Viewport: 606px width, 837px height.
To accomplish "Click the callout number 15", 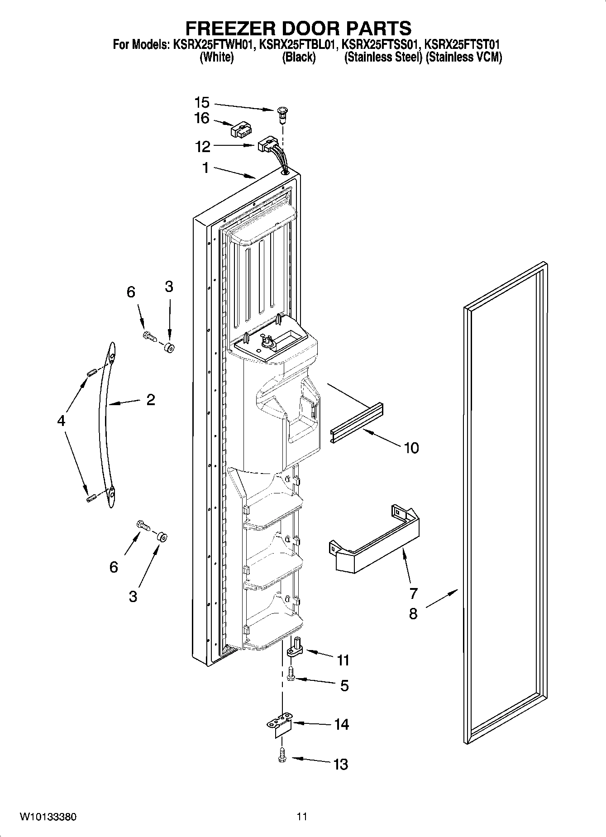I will pyautogui.click(x=201, y=103).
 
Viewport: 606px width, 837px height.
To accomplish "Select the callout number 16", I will pyautogui.click(x=201, y=119).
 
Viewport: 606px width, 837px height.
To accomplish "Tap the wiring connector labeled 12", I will pyautogui.click(x=267, y=146).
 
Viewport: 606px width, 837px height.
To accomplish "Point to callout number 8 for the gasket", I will pyautogui.click(x=413, y=614).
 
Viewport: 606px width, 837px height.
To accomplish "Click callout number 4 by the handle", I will pyautogui.click(x=61, y=421).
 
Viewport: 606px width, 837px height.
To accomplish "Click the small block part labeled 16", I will pyautogui.click(x=241, y=131).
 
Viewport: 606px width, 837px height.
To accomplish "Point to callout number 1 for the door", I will pyautogui.click(x=205, y=168).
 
